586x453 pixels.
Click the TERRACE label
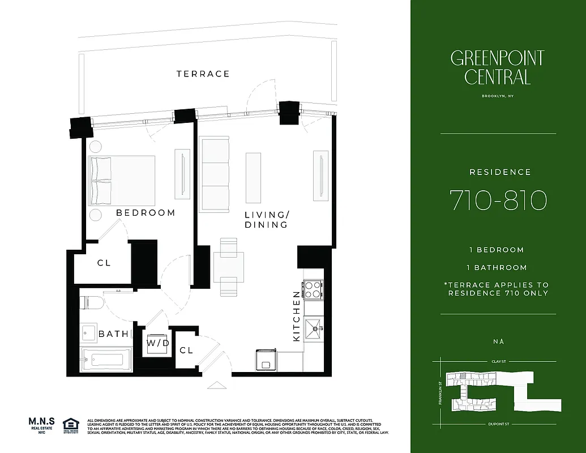pyautogui.click(x=203, y=74)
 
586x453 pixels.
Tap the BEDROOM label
pyautogui.click(x=146, y=213)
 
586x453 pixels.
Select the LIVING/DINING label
pyautogui.click(x=266, y=220)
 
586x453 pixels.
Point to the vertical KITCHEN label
pyautogui.click(x=296, y=315)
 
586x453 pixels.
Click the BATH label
pyautogui.click(x=114, y=334)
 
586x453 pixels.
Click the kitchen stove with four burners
pyautogui.click(x=313, y=289)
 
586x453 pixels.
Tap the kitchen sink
pyautogui.click(x=313, y=327)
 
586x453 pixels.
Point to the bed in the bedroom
pyautogui.click(x=121, y=181)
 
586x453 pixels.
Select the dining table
pyautogui.click(x=229, y=267)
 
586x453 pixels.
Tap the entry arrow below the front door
pyautogui.click(x=217, y=385)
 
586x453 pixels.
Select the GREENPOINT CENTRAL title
pyautogui.click(x=498, y=67)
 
